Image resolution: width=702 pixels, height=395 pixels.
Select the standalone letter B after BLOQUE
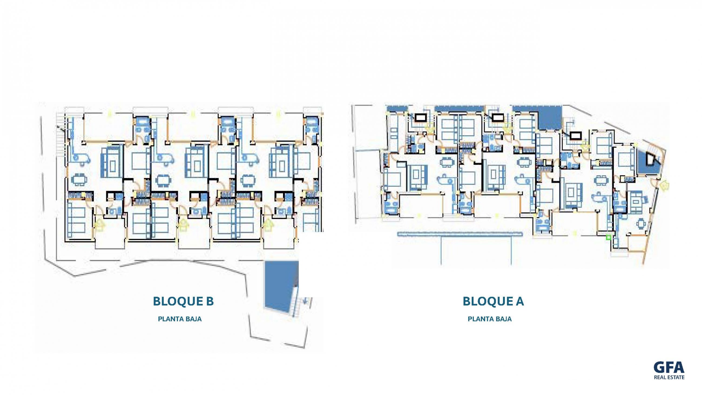210,301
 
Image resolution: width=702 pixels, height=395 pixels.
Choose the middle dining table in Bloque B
163,180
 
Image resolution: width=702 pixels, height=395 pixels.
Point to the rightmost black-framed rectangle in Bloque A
574,135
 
